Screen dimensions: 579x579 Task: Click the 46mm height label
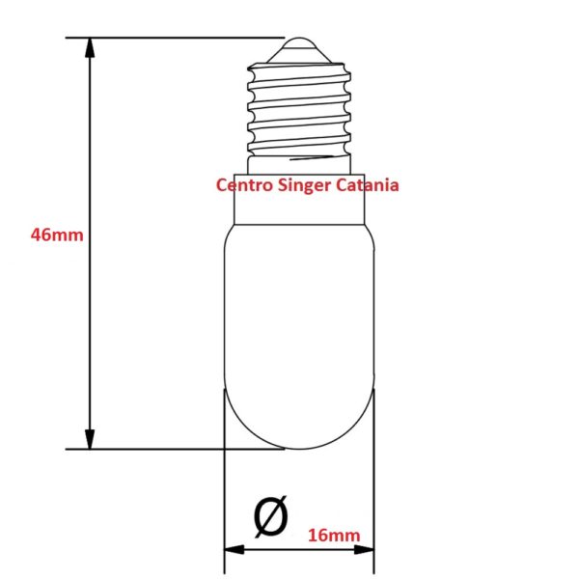[x=57, y=234]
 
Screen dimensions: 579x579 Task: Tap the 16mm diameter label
[x=334, y=535]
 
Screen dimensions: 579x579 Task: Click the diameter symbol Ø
[x=270, y=516]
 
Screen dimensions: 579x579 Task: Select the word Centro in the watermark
[x=244, y=185]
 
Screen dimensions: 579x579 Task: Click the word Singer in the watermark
[x=304, y=185]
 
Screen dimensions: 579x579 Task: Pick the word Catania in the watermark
[x=368, y=185]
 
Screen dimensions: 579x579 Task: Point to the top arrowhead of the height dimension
[x=90, y=47]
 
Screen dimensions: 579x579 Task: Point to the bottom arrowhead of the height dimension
[x=90, y=439]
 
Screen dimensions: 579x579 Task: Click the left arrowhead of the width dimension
[x=234, y=550]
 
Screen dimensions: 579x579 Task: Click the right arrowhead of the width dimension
[x=364, y=550]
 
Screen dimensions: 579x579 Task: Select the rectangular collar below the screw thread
[x=299, y=200]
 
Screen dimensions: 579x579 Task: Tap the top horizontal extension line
[x=175, y=38]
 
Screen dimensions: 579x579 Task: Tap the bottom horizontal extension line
[x=175, y=450]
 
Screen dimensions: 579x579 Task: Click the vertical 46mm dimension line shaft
[x=90, y=243]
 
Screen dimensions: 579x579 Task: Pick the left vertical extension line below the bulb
[x=224, y=481]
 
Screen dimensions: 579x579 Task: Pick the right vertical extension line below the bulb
[x=374, y=481]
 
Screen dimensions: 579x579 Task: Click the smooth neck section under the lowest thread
[x=299, y=165]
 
